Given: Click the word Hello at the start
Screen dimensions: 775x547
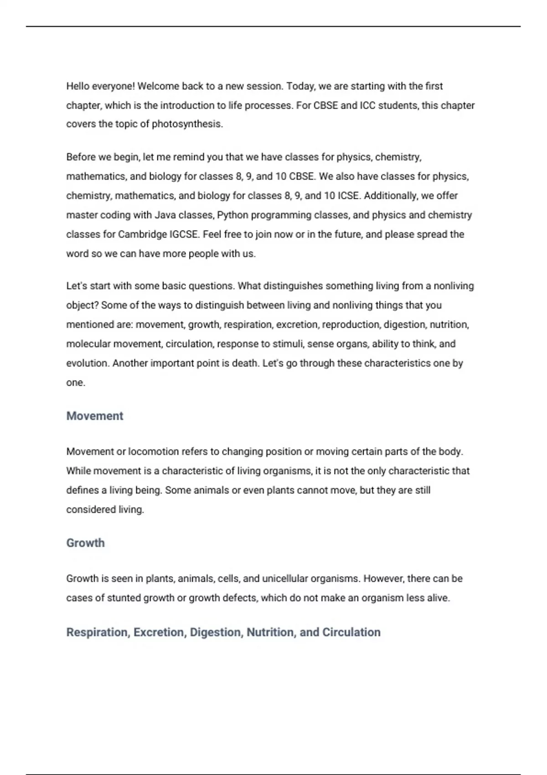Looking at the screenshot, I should point(78,86).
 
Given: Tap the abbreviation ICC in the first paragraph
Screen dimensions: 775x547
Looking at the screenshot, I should point(368,105).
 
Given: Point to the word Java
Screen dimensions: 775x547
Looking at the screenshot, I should point(166,215).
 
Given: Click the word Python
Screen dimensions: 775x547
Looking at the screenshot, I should point(232,215).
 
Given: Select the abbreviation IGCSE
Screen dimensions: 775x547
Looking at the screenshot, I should point(184,234).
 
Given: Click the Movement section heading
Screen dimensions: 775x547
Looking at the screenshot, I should point(95,416).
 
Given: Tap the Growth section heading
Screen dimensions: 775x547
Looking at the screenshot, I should point(85,542).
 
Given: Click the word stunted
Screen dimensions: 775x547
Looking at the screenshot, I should point(124,598).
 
